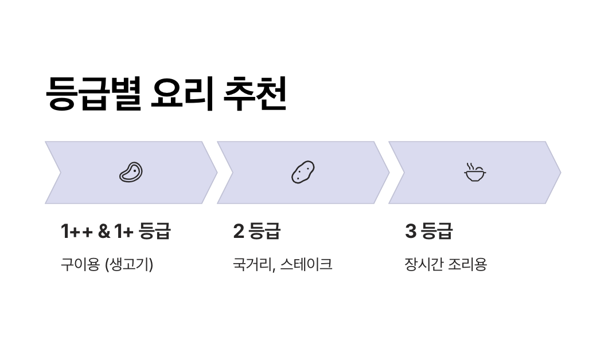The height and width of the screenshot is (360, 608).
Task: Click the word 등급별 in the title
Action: [x=93, y=93]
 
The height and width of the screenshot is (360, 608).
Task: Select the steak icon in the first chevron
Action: [x=131, y=172]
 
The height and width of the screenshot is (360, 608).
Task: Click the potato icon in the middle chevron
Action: [x=303, y=172]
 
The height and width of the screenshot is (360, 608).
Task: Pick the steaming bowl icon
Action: [x=474, y=172]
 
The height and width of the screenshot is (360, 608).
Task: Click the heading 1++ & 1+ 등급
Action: [x=115, y=231]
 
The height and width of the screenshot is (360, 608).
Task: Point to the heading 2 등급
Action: [x=256, y=231]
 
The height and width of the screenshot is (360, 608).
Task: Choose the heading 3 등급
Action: [x=428, y=231]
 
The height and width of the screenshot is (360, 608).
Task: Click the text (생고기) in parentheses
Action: [x=129, y=265]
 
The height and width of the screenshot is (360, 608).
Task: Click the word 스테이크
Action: [x=306, y=264]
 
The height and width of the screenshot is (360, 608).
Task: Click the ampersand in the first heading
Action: [x=104, y=231]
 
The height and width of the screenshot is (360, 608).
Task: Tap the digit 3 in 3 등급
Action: [x=410, y=231]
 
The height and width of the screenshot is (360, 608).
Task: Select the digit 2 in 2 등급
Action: [x=239, y=231]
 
